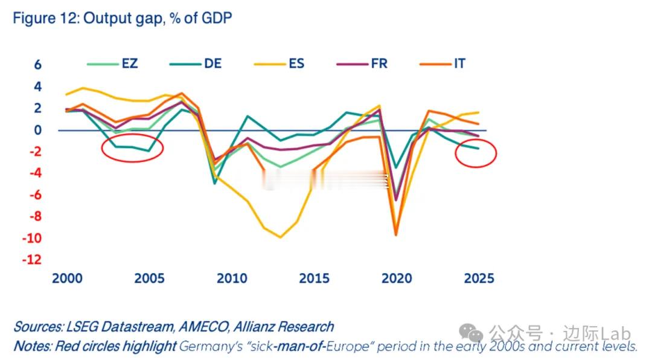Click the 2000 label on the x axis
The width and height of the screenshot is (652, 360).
(x=67, y=278)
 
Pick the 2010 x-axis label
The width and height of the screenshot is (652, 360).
(x=232, y=278)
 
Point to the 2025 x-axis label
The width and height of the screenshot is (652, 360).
(x=479, y=278)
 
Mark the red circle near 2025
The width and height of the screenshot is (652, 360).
(x=476, y=153)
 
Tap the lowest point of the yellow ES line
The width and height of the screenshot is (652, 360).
(x=280, y=237)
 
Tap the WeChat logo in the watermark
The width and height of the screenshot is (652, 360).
(x=471, y=332)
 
